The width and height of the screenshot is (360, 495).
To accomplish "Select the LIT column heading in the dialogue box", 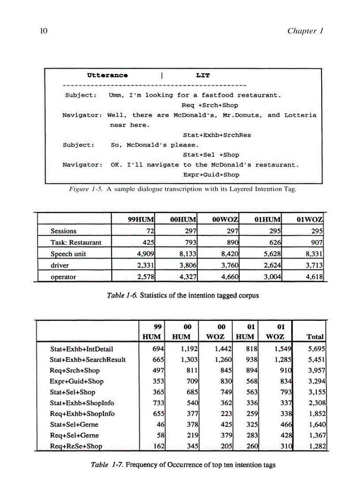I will click(203, 75).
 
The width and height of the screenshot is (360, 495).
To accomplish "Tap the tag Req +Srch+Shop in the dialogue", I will click(210, 105).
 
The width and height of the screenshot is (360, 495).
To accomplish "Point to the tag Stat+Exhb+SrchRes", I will click(217, 135).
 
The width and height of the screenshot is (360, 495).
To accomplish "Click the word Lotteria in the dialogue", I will click(300, 115).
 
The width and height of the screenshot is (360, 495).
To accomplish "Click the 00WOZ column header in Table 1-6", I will click(223, 219).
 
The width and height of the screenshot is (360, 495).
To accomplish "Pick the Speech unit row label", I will click(68, 254).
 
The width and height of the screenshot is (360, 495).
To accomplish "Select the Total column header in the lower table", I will click(315, 337).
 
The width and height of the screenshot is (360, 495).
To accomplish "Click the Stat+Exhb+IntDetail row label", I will click(81, 349).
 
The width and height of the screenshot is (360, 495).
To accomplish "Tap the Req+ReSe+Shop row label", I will click(75, 446).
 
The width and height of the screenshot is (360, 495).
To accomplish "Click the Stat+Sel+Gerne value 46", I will click(161, 424).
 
